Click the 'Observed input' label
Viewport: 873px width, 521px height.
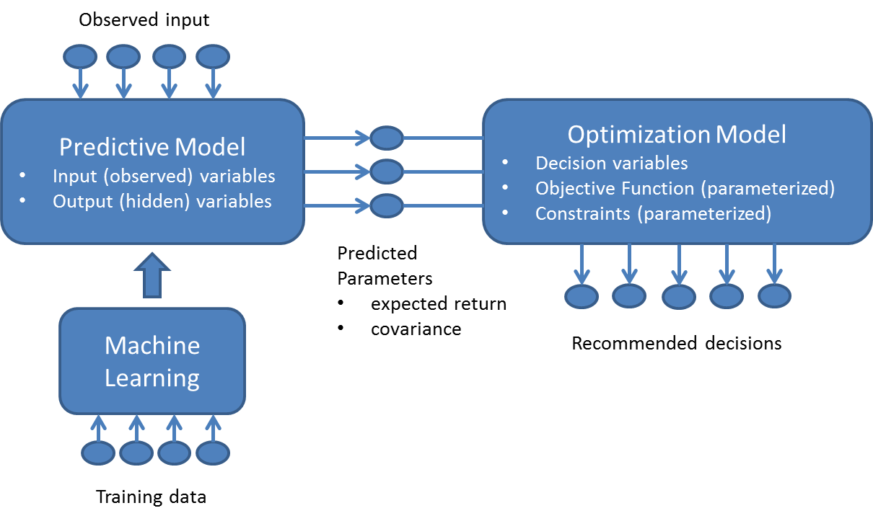click(144, 19)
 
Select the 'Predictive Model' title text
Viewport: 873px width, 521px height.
click(152, 147)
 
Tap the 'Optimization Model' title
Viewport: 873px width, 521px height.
click(677, 135)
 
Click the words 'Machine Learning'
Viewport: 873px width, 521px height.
click(152, 362)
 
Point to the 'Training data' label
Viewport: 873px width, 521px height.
click(151, 497)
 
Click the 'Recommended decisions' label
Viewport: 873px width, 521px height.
click(677, 344)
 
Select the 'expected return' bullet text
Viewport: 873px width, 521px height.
click(439, 304)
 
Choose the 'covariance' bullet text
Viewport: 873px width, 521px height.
click(416, 329)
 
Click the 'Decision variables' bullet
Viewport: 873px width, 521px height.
click(611, 163)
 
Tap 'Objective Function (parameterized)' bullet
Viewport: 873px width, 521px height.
click(685, 189)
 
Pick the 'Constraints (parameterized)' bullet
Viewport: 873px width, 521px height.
click(653, 214)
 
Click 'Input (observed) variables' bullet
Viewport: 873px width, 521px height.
click(164, 176)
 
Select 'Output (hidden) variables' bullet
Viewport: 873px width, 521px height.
click(162, 201)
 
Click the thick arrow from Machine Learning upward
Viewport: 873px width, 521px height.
click(152, 276)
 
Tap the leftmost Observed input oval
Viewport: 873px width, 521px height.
click(81, 55)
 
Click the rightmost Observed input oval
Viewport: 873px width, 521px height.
click(212, 55)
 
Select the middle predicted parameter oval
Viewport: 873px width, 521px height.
click(387, 172)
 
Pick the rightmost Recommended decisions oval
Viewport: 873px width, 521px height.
click(774, 295)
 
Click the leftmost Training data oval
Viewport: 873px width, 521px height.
click(97, 453)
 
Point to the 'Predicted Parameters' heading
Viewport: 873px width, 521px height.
click(385, 266)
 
